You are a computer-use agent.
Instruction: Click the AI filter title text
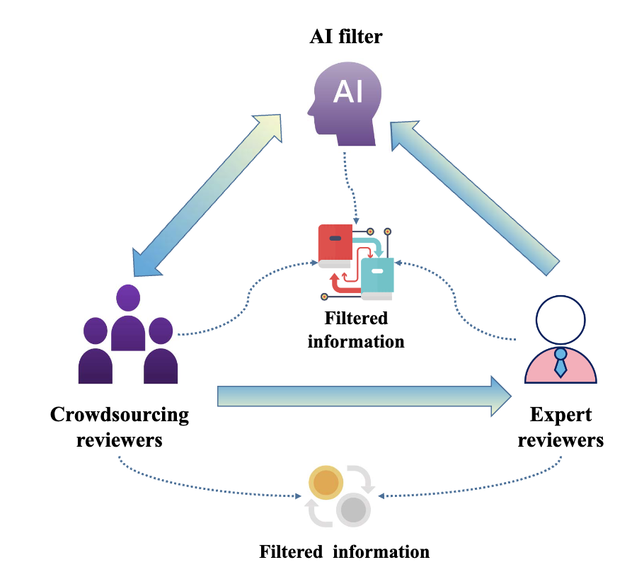tap(346, 36)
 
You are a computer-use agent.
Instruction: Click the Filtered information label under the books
tap(356, 330)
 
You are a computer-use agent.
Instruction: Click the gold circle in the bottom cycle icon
tap(326, 483)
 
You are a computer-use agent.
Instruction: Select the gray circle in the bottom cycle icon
tap(353, 509)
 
